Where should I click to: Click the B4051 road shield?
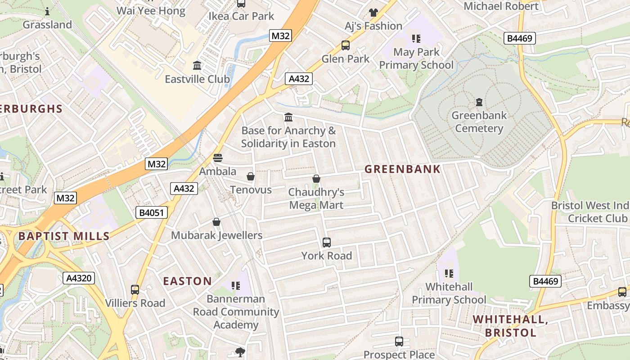[152, 212]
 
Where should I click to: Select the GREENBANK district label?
[402, 169]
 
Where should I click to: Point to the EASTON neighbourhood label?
[187, 281]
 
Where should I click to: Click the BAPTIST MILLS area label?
[64, 236]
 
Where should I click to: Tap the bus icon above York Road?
[327, 243]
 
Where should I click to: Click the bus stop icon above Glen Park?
[345, 45]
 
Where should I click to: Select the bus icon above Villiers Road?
[135, 290]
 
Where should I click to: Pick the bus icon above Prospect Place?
[399, 342]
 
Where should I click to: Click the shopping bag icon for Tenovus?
[251, 176]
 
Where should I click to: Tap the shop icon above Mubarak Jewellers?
[216, 222]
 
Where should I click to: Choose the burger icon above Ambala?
[218, 158]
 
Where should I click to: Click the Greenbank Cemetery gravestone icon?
[479, 102]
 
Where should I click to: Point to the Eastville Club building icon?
[197, 66]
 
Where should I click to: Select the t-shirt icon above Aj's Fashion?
[373, 13]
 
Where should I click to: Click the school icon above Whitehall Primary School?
[449, 274]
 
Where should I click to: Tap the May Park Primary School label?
[416, 58]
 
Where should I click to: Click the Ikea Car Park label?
[241, 16]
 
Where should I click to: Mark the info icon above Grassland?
[47, 11]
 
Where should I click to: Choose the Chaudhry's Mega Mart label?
[316, 198]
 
